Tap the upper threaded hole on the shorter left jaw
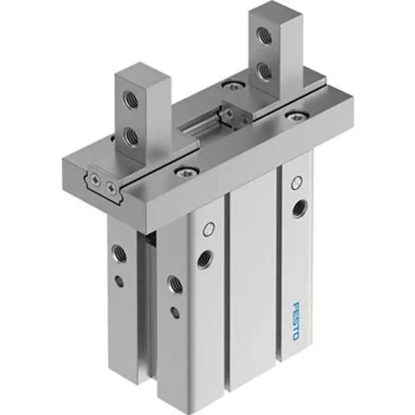coord(131,100)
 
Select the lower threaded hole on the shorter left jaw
coord(131,137)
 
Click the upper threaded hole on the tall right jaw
coord(265,36)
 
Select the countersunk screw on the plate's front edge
coord(183,172)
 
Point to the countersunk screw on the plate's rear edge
coord(233,86)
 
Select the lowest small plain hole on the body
coord(175,312)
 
